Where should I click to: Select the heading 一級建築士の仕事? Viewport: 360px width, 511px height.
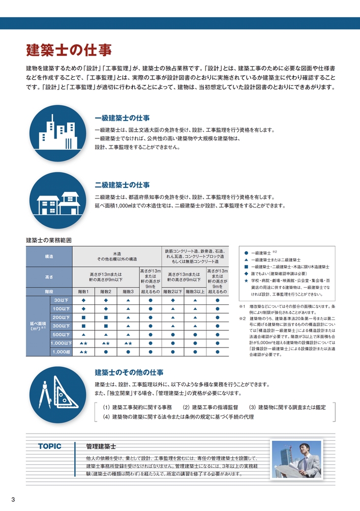click(x=122, y=118)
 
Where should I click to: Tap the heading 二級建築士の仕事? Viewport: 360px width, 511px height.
click(x=122, y=185)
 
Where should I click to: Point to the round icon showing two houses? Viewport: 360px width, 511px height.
click(x=53, y=201)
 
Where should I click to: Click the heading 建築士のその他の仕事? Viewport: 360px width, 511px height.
click(x=129, y=373)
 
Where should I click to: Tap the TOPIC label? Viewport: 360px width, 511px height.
click(x=49, y=446)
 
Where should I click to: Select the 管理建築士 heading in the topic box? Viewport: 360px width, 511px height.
click(x=101, y=446)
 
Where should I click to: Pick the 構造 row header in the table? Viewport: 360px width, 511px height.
click(x=49, y=257)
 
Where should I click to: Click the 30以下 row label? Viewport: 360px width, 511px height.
click(x=61, y=300)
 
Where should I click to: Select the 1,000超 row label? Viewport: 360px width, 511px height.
click(x=61, y=352)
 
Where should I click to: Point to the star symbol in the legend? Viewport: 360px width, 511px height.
click(x=246, y=281)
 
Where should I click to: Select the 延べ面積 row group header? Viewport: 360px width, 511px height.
click(x=36, y=326)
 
